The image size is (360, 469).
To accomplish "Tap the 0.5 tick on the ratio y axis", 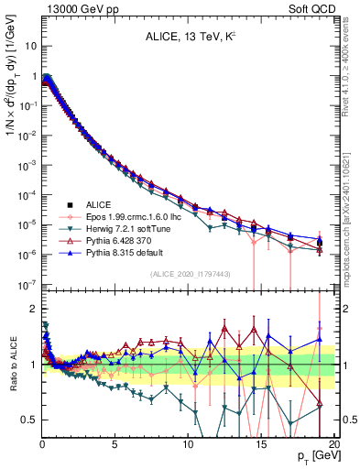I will tap(28, 420).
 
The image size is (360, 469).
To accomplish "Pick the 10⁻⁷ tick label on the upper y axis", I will tap(27, 285).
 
